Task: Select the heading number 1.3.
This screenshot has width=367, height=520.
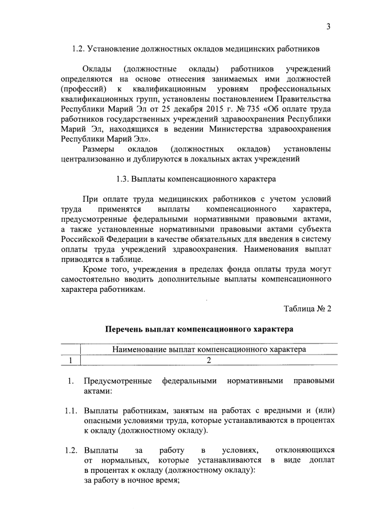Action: coord(122,179)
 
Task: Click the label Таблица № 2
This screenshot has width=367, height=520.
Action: coord(307,310)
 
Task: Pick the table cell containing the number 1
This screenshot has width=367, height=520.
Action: coord(70,360)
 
